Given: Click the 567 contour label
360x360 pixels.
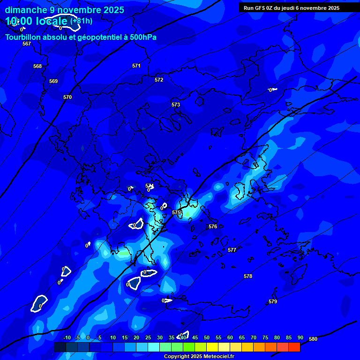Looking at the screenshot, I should [27, 44].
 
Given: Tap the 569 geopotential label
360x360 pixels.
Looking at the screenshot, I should [53, 81].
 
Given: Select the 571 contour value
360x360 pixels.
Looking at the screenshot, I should [136, 66].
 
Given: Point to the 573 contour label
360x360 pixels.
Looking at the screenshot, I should [176, 105].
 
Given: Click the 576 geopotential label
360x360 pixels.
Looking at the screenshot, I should [213, 226].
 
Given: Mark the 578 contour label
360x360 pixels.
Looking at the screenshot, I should [248, 276].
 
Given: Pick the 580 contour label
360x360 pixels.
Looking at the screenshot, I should [313, 339].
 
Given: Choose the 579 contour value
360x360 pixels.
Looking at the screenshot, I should [273, 301].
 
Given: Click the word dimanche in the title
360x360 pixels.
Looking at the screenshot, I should [25, 10].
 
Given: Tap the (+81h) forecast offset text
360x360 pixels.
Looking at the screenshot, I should [81, 21].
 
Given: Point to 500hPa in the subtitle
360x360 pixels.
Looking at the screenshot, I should [140, 37].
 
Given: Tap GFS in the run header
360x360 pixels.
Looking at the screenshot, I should [260, 8].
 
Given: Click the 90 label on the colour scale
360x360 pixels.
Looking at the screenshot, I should [300, 337].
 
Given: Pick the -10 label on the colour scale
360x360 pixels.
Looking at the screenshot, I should [67, 337].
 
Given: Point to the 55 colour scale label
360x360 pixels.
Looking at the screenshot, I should [218, 337].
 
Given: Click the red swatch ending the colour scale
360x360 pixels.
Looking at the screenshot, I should [294, 347].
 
